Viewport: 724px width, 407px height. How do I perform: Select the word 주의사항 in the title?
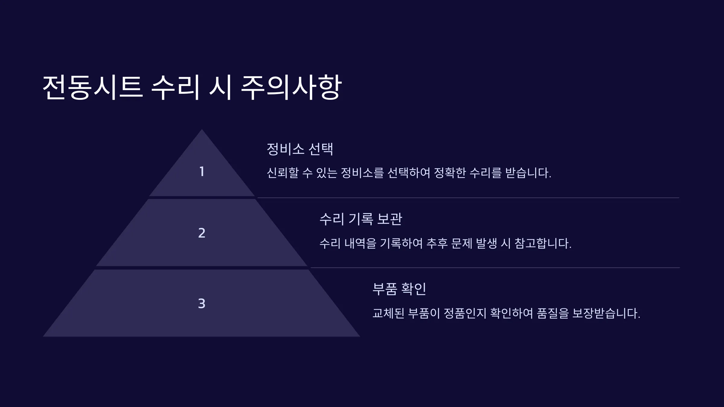tap(291, 87)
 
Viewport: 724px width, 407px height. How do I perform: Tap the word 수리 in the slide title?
tap(175, 87)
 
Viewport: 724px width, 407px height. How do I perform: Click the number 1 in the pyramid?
tap(202, 172)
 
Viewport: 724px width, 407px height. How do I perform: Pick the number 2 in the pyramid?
tap(202, 233)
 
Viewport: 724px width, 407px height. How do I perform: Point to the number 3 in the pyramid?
tap(202, 304)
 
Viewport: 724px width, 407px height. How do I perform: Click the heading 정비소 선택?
tap(300, 149)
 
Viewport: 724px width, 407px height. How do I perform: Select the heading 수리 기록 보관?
tap(361, 219)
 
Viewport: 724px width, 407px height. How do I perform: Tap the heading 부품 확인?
tap(399, 289)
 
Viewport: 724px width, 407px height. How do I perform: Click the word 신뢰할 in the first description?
tap(283, 173)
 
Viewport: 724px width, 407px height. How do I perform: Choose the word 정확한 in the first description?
tap(450, 173)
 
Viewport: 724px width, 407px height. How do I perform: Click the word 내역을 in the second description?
tap(360, 243)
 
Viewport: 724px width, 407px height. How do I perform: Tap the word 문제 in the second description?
tap(462, 243)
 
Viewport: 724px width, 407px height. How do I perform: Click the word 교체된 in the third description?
tap(388, 313)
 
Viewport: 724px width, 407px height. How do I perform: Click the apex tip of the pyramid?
tap(202, 129)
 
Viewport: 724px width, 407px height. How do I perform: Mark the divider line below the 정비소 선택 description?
tap(468, 198)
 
